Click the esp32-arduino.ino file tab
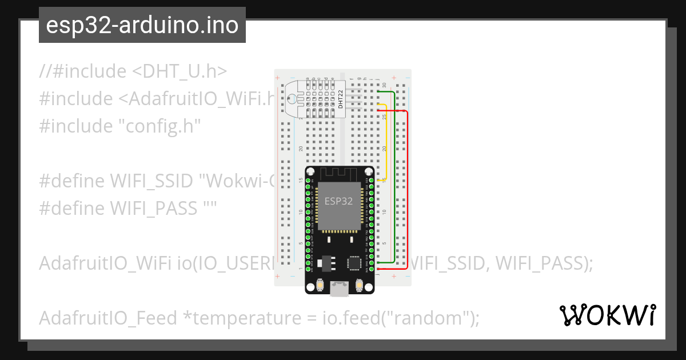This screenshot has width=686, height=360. pyautogui.click(x=142, y=25)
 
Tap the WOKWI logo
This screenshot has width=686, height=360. pyautogui.click(x=607, y=315)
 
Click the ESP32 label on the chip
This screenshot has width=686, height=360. pyautogui.click(x=338, y=201)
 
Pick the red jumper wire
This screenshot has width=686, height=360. pyautogui.click(x=407, y=189)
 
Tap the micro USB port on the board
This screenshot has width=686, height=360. pyautogui.click(x=340, y=290)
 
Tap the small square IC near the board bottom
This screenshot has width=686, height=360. pyautogui.click(x=354, y=262)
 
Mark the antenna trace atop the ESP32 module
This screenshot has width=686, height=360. pyautogui.click(x=340, y=173)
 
